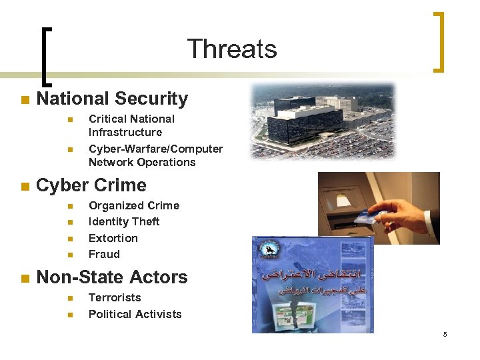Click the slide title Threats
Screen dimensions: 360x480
[231, 49]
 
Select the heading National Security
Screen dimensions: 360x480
[112, 99]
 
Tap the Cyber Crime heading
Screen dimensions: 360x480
[91, 185]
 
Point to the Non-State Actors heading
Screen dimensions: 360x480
[112, 277]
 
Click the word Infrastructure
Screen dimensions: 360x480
[125, 132]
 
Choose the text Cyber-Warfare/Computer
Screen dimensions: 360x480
[156, 149]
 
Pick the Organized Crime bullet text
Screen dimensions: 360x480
[134, 205]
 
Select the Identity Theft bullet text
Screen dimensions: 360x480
[124, 221]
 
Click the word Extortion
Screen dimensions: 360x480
[113, 238]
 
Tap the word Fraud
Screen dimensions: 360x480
[104, 254]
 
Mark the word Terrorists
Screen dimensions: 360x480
[115, 297]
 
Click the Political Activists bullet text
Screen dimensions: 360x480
[135, 314]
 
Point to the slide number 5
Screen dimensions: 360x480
[445, 334]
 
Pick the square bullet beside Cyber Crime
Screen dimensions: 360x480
[25, 187]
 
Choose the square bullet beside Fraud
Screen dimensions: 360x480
[69, 255]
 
